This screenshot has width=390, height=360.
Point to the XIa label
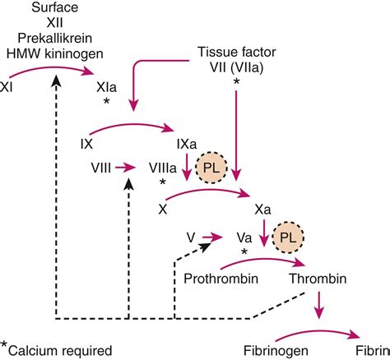point(107,84)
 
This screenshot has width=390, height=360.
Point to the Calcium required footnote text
point(62,350)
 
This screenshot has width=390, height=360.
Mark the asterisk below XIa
point(107,101)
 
